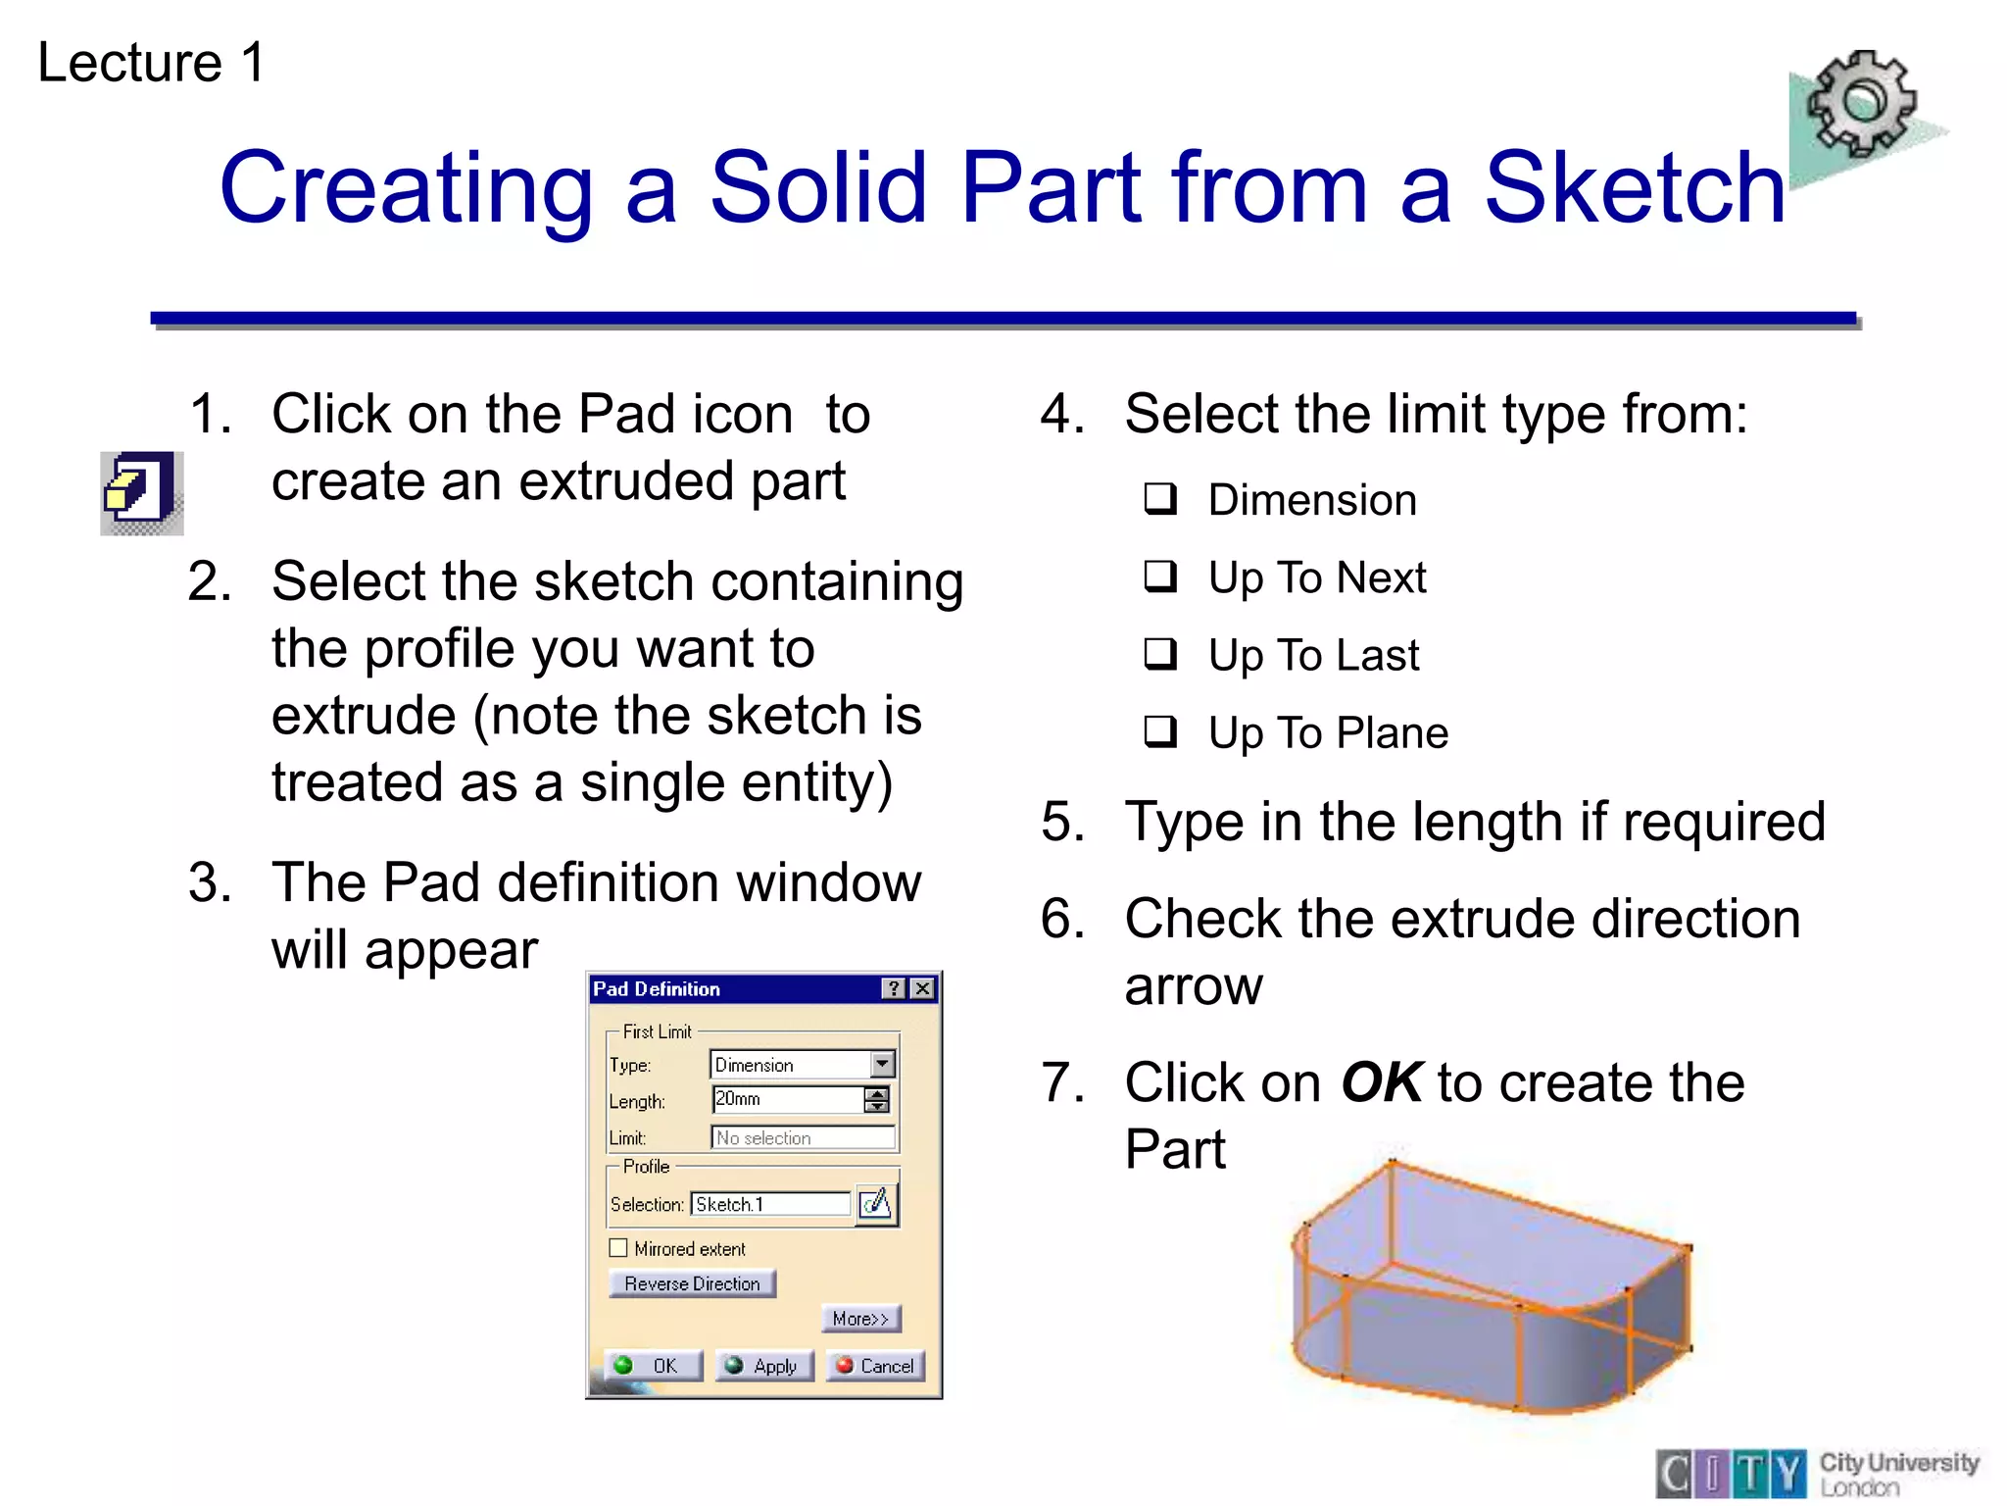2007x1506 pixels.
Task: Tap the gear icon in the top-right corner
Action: [1861, 105]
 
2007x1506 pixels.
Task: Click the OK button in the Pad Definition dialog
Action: [653, 1366]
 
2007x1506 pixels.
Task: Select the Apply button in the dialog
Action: [764, 1366]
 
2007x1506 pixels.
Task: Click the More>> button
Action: [860, 1319]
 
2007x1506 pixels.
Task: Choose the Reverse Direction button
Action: [692, 1283]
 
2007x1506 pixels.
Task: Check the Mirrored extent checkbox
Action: [618, 1248]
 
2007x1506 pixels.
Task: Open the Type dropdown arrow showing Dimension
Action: [882, 1064]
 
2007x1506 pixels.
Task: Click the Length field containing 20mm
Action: [787, 1099]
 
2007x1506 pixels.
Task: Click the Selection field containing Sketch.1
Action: [770, 1204]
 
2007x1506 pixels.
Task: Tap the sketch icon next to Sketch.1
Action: [876, 1203]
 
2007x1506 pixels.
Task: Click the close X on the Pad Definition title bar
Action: [923, 988]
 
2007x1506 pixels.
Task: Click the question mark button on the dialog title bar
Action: [894, 988]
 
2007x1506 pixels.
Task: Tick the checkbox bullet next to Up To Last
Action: [1160, 653]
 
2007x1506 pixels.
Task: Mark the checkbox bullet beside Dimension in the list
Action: [1160, 498]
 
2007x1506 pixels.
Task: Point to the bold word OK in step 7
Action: [1381, 1082]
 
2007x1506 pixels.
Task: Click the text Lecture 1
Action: [151, 63]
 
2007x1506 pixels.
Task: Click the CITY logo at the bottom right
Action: [1732, 1473]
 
